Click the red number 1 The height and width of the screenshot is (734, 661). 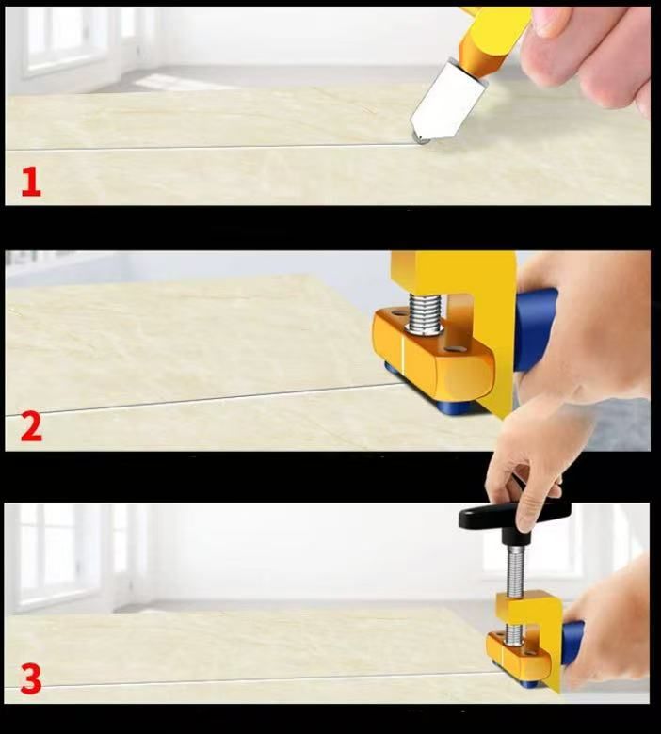click(31, 183)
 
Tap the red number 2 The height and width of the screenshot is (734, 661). click(31, 426)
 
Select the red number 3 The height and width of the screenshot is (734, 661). click(31, 678)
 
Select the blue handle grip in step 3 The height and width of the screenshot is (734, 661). click(572, 642)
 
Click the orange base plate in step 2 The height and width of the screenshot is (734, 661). click(433, 354)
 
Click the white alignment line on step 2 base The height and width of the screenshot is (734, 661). click(403, 359)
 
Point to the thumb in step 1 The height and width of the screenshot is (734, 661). click(553, 21)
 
